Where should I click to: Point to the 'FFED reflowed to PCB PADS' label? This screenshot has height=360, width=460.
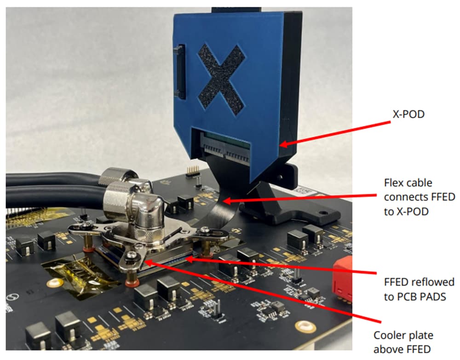419,289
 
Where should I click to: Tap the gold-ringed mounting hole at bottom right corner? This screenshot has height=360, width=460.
304,327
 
